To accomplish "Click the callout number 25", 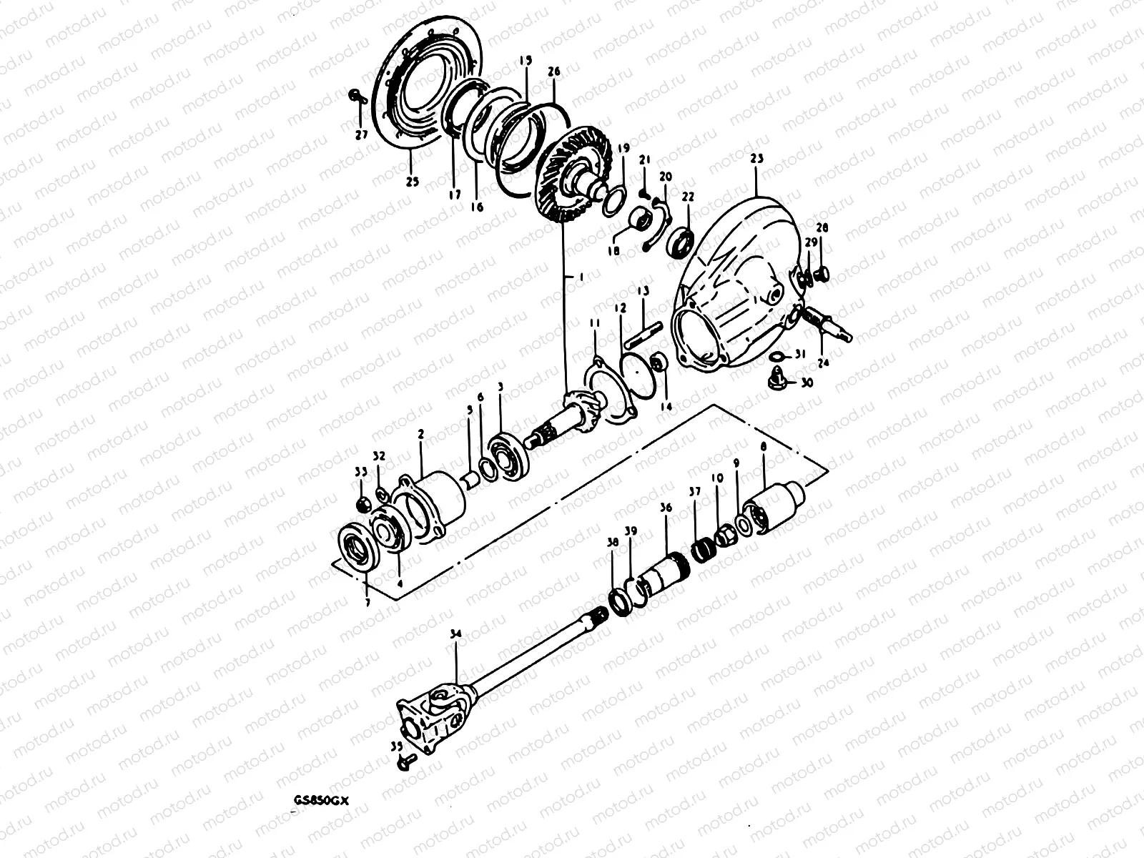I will (412, 182).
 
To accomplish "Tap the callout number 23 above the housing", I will (757, 158).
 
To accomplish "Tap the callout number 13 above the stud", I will (643, 291).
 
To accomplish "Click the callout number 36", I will (666, 508).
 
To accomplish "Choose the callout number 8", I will (764, 445).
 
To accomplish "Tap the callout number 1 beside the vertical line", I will (581, 276).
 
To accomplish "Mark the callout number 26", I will (553, 71).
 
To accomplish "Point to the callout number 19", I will (623, 148).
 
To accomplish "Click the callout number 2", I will (421, 434).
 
